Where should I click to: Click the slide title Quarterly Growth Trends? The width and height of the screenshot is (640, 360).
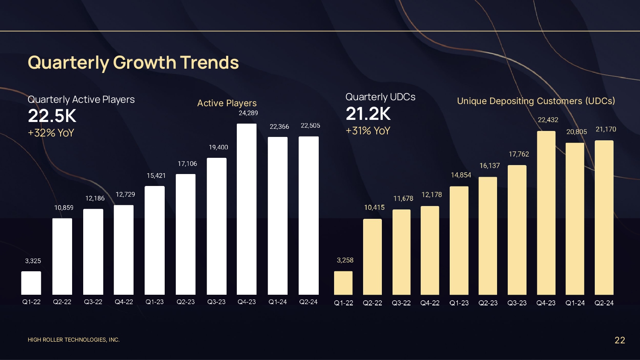tap(133, 63)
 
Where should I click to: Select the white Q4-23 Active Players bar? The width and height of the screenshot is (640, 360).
tap(247, 209)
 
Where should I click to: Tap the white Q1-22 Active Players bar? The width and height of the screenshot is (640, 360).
tap(31, 283)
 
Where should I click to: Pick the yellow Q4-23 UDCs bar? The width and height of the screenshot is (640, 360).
tap(546, 213)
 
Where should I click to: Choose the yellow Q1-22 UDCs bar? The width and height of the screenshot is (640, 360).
tap(343, 283)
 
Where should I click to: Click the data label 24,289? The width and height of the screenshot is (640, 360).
tap(248, 113)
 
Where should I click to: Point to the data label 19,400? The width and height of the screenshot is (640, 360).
tap(218, 147)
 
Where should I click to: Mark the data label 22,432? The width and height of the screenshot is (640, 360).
tap(548, 120)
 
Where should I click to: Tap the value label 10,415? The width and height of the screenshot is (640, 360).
tap(374, 207)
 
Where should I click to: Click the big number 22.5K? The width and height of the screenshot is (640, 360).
tap(52, 116)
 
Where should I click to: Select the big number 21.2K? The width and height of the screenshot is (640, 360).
tap(368, 114)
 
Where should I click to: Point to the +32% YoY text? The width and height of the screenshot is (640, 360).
tap(51, 133)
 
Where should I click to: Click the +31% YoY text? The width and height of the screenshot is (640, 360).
tap(368, 131)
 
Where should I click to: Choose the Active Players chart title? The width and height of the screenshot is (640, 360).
tap(227, 103)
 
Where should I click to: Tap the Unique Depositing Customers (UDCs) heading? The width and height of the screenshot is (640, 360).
tap(536, 101)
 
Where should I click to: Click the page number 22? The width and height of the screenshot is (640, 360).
tap(620, 340)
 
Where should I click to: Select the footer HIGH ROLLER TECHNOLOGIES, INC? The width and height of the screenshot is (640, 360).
tap(73, 340)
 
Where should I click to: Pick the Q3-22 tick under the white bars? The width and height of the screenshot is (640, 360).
tap(93, 302)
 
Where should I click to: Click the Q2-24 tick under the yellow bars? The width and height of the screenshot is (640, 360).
tap(604, 303)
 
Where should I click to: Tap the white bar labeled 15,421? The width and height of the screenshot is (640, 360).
tap(154, 240)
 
